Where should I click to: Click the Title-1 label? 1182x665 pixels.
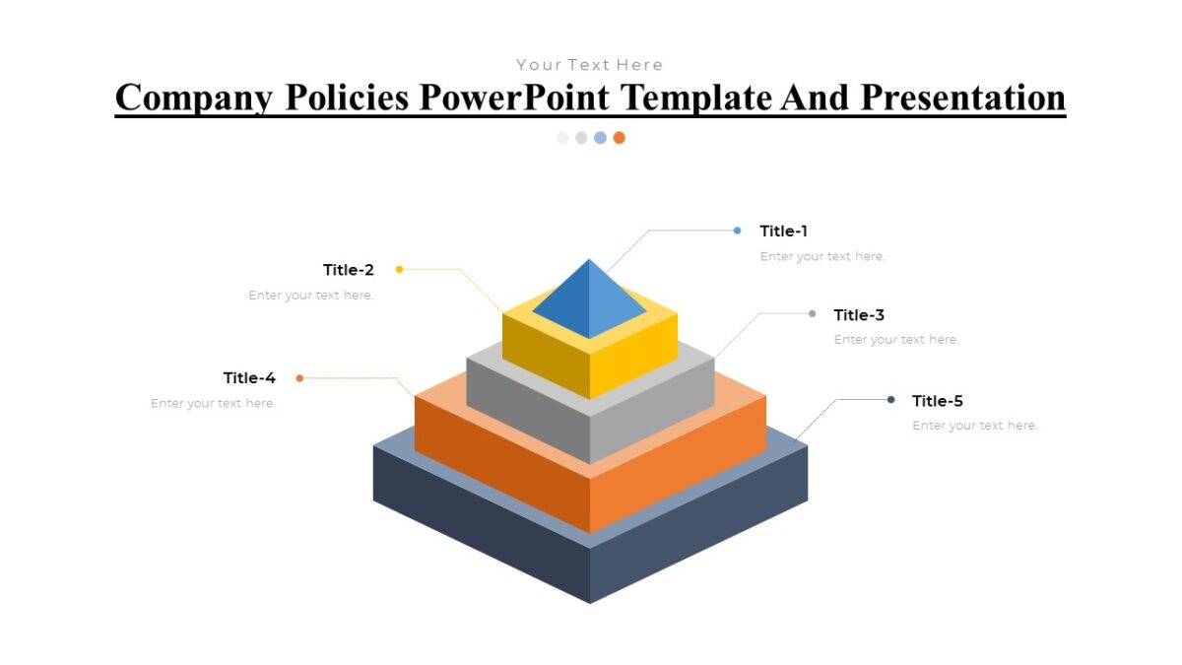click(x=783, y=232)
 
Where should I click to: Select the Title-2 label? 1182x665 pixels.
click(x=349, y=270)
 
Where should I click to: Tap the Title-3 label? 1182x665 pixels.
click(x=859, y=315)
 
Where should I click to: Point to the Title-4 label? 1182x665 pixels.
click(x=249, y=378)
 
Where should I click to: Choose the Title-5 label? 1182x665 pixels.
click(x=937, y=401)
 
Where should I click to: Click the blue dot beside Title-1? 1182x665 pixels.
click(x=737, y=231)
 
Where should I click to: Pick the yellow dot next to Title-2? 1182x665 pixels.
click(x=399, y=269)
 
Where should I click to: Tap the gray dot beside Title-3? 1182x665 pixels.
click(x=812, y=314)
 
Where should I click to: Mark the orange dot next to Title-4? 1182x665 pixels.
click(x=299, y=378)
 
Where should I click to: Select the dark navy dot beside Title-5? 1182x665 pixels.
click(x=890, y=400)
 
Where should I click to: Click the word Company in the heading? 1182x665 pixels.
click(x=193, y=99)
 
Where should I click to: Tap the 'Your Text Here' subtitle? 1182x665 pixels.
click(x=589, y=65)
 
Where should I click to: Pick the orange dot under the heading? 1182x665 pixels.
click(x=619, y=138)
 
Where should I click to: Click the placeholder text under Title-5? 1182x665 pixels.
click(x=974, y=426)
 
